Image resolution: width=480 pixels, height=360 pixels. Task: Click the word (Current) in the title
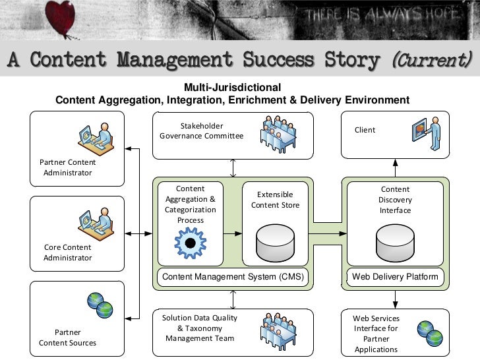point(432,61)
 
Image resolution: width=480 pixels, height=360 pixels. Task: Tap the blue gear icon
point(191,243)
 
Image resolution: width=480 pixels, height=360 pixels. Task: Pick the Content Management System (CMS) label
point(233,277)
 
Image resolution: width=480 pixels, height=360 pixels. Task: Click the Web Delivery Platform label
point(395,277)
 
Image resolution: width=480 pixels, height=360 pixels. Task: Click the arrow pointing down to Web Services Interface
point(396,301)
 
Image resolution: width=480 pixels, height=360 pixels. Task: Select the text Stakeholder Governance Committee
point(201,131)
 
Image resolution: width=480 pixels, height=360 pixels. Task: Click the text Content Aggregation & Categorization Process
point(191,204)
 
